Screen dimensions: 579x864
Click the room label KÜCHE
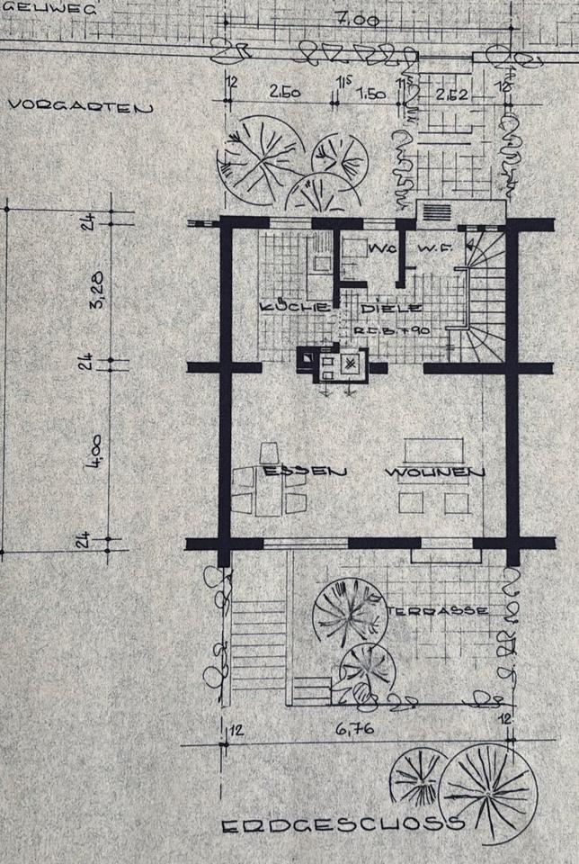pyautogui.click(x=281, y=308)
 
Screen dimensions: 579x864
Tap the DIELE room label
pyautogui.click(x=386, y=309)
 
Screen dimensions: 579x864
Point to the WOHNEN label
pyautogui.click(x=436, y=472)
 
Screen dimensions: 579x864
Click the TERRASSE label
pyautogui.click(x=438, y=610)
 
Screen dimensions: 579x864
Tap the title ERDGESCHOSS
pyautogui.click(x=342, y=823)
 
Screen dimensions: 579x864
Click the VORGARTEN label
pyautogui.click(x=80, y=106)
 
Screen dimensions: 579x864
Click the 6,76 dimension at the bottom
pyautogui.click(x=356, y=729)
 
